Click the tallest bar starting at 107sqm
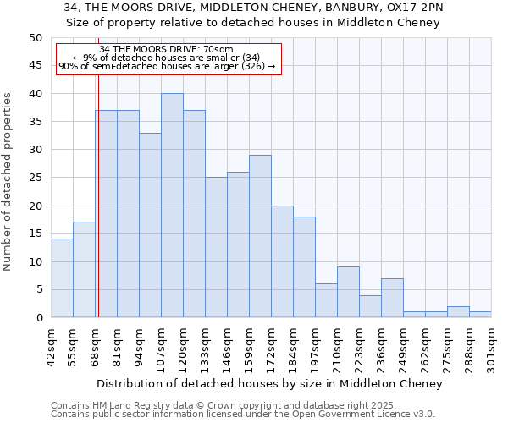point(172,206)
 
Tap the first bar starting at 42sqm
point(62,278)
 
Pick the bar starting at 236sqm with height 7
point(392,298)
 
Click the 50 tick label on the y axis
point(36,38)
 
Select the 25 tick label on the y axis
point(36,178)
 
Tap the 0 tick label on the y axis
point(39,318)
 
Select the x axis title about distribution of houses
point(264,384)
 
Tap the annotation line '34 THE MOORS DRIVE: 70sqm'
point(166,49)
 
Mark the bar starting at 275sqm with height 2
point(458,312)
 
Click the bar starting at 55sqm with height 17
point(84,270)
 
